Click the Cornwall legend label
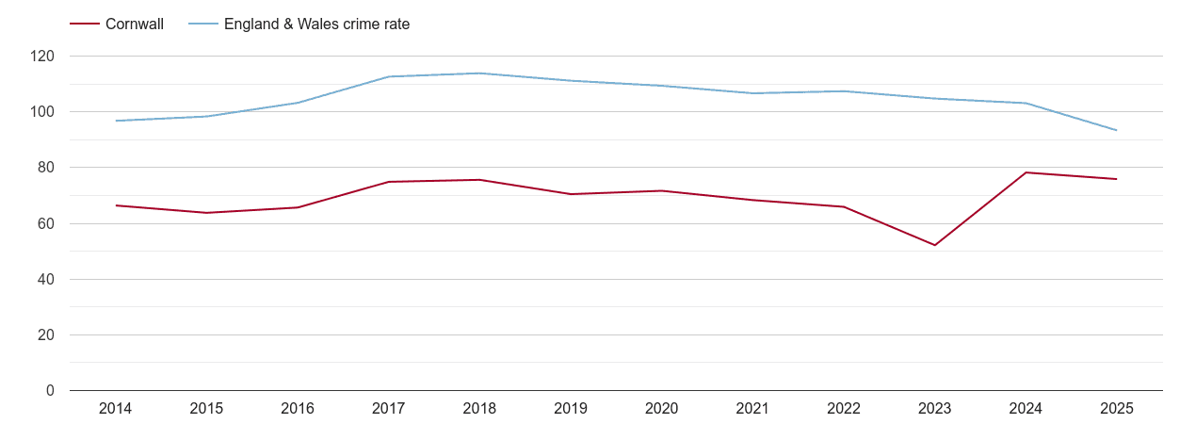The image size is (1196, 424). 135,24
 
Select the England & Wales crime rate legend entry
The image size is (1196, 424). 316,24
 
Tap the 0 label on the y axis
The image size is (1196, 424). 50,391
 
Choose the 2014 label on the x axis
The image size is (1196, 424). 115,409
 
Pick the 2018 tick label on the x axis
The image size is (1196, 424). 479,409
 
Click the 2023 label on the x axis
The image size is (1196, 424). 934,409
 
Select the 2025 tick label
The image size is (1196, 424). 1116,409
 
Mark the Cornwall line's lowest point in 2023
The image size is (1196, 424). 934,245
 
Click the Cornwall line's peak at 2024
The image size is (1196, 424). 1026,172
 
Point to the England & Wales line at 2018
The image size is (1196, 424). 479,73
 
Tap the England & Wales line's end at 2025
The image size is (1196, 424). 1116,130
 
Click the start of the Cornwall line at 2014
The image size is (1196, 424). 116,205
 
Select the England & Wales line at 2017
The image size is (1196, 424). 389,76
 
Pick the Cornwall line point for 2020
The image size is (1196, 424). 661,191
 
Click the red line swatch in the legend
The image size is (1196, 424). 85,24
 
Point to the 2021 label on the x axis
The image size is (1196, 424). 752,409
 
